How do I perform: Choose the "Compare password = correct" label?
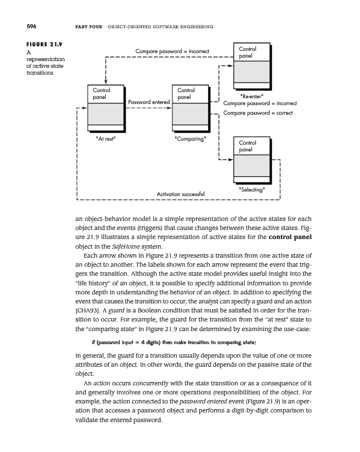click(x=258, y=113)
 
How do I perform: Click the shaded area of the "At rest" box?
click(x=106, y=116)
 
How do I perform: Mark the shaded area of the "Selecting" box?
click(x=253, y=168)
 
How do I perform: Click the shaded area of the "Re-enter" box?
click(x=253, y=75)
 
